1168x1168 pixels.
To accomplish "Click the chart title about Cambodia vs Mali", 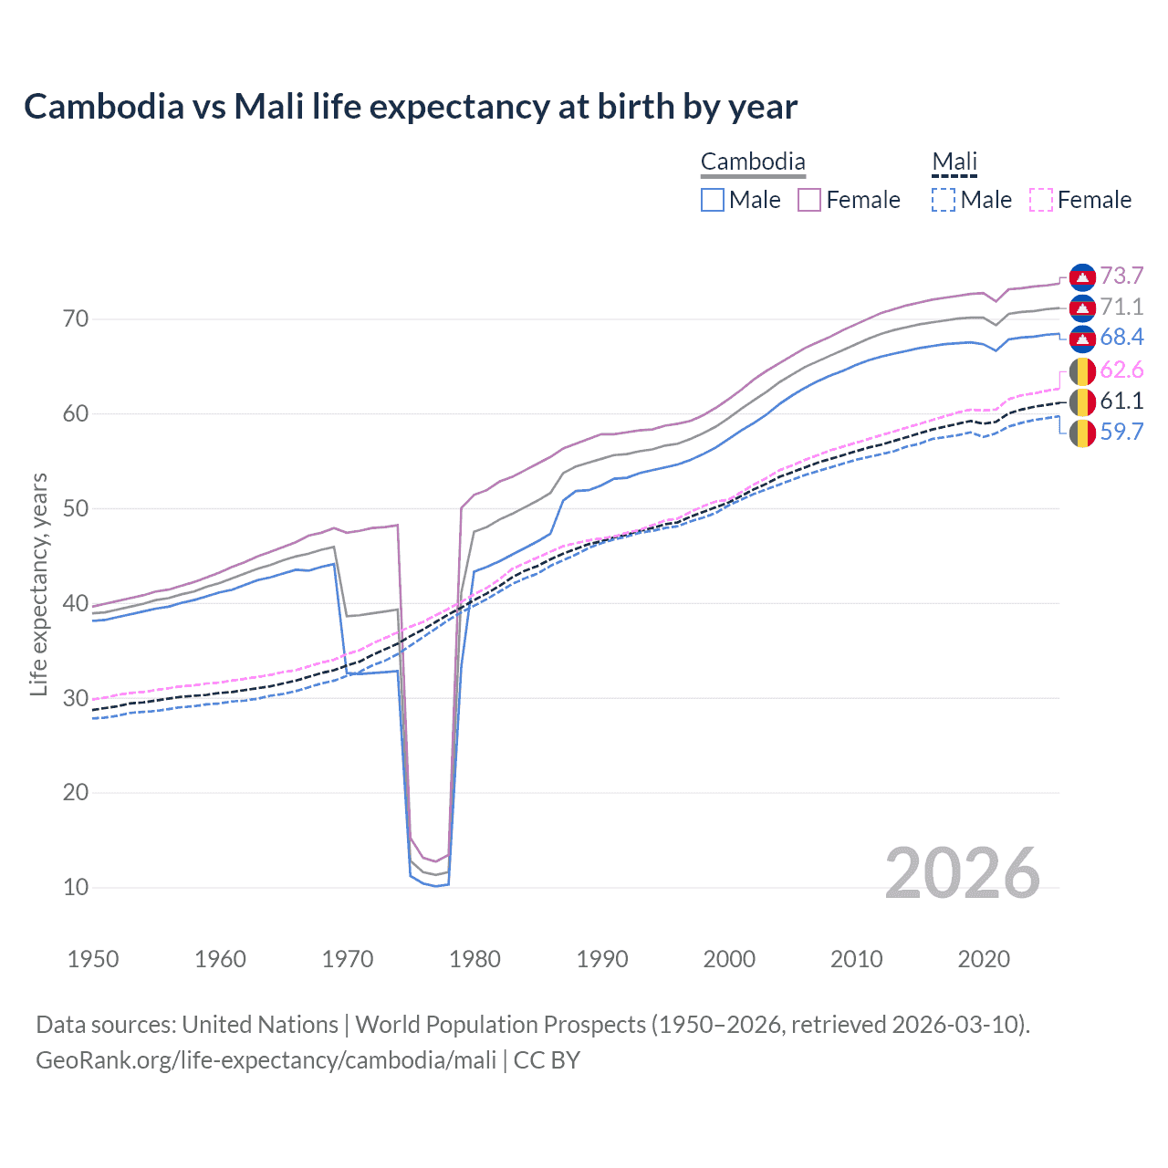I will click(x=411, y=107).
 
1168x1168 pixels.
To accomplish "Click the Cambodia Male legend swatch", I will click(x=713, y=200).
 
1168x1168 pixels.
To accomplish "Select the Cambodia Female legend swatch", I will click(x=809, y=200).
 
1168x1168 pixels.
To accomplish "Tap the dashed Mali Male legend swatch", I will click(x=944, y=200).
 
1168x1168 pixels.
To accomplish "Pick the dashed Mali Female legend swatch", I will click(x=1041, y=200).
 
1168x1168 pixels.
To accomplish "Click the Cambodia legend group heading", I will click(x=753, y=162).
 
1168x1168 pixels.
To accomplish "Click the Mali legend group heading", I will click(x=954, y=162).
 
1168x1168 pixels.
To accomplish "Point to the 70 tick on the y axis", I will click(x=76, y=319).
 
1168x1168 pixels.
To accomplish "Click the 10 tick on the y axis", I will click(x=76, y=887).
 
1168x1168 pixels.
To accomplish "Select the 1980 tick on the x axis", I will click(x=475, y=959).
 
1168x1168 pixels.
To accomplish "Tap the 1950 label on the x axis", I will click(x=93, y=959).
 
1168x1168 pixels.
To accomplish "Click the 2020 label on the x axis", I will click(x=984, y=959).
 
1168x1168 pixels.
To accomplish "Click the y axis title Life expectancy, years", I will click(x=38, y=584).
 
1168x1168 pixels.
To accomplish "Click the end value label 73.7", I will click(x=1121, y=276).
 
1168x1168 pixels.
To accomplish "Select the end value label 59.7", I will click(x=1121, y=432).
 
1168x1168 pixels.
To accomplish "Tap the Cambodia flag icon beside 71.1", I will click(x=1082, y=308).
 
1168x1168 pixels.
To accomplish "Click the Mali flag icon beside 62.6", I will click(x=1082, y=370).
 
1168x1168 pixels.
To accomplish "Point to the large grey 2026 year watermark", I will click(x=963, y=873).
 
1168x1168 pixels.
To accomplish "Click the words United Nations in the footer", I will click(x=260, y=1025).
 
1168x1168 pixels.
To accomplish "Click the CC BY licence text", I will click(x=547, y=1060).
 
